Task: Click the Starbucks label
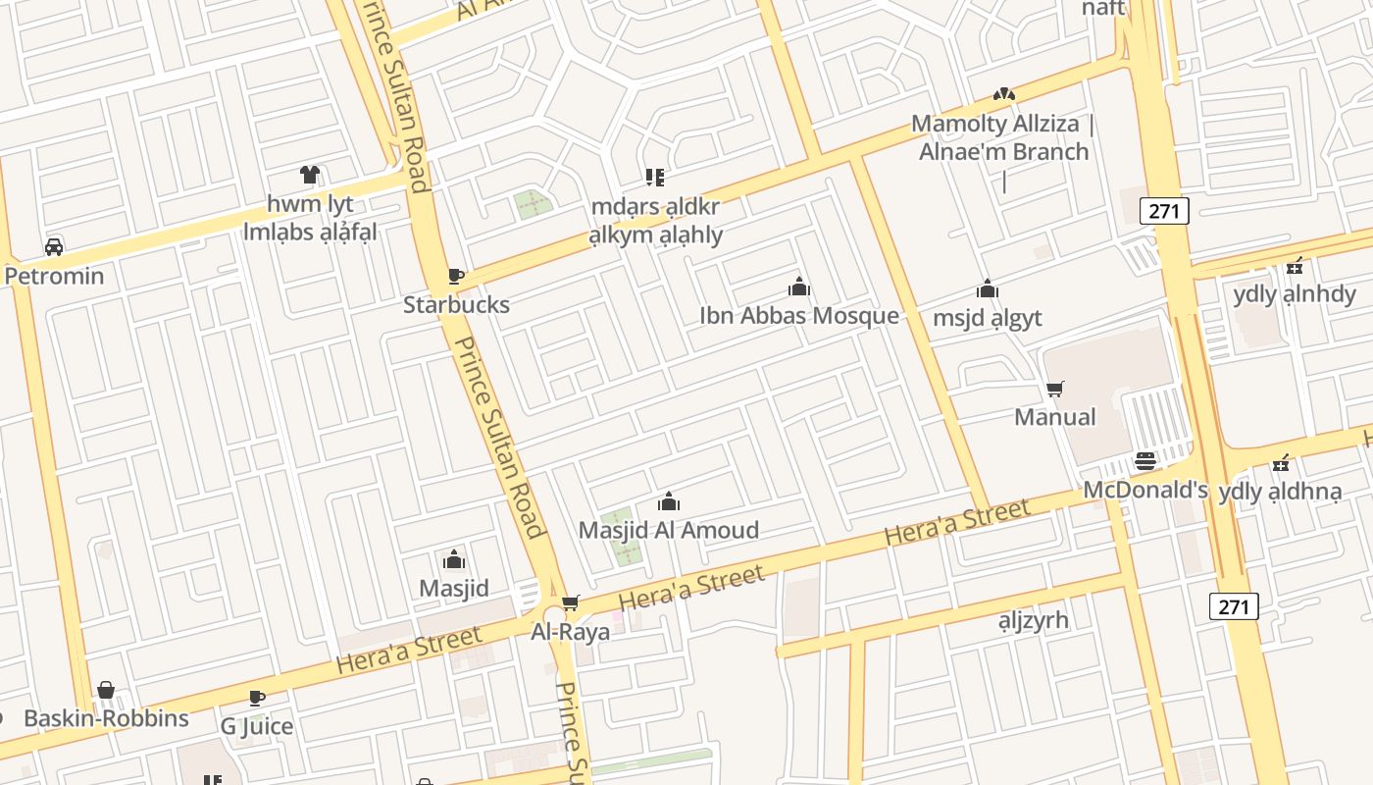(456, 305)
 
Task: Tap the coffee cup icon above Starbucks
(454, 276)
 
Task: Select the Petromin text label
(54, 276)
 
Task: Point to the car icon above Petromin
(54, 246)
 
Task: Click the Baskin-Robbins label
(106, 718)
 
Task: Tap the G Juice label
(256, 726)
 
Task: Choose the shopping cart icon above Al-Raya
(570, 602)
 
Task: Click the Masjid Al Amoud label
(668, 531)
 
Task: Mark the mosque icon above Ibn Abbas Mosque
(799, 287)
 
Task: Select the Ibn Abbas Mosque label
(798, 316)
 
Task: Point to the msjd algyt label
(987, 318)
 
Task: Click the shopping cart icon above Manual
(1054, 389)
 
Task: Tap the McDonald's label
(1144, 490)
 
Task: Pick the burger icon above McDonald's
(1144, 460)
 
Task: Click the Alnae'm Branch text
(1003, 152)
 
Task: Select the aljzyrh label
(1033, 620)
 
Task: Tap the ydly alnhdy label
(1294, 294)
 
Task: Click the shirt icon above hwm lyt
(310, 175)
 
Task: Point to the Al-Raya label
(570, 632)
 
